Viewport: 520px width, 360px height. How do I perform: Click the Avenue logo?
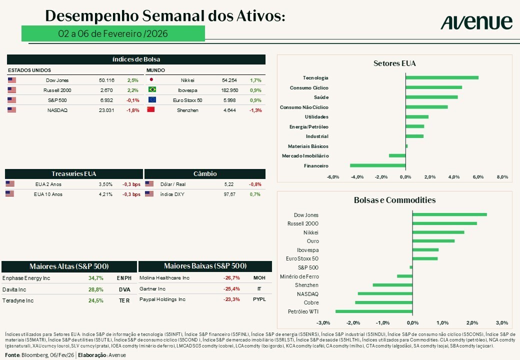pyautogui.click(x=476, y=22)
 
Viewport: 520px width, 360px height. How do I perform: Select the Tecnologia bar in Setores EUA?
pyautogui.click(x=442, y=77)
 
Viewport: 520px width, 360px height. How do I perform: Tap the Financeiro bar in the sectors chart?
pyautogui.click(x=377, y=165)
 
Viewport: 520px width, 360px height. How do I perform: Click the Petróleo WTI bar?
pyautogui.click(x=374, y=311)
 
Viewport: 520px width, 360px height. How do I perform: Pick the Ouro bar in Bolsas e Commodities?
pyautogui.click(x=433, y=241)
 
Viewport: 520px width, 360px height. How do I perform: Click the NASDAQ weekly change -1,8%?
pyautogui.click(x=133, y=110)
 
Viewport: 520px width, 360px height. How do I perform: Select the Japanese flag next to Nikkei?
pyautogui.click(x=151, y=80)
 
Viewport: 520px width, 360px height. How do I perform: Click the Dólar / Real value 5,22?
pyautogui.click(x=229, y=184)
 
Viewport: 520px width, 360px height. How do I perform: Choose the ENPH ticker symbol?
pyautogui.click(x=124, y=278)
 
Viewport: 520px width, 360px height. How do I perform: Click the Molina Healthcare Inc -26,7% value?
pyautogui.click(x=231, y=278)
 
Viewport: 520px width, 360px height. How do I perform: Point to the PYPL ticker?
pyautogui.click(x=259, y=299)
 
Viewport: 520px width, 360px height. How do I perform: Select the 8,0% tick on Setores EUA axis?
pyautogui.click(x=502, y=176)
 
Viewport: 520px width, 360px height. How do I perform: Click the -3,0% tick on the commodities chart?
pyautogui.click(x=323, y=322)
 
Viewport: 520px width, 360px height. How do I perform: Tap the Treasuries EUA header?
pyautogui.click(x=73, y=174)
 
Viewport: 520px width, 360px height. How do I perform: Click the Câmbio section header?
pyautogui.click(x=205, y=174)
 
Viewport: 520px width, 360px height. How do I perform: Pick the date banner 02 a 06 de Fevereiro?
pyautogui.click(x=113, y=33)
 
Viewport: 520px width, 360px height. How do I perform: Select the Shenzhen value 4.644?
pyautogui.click(x=228, y=110)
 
